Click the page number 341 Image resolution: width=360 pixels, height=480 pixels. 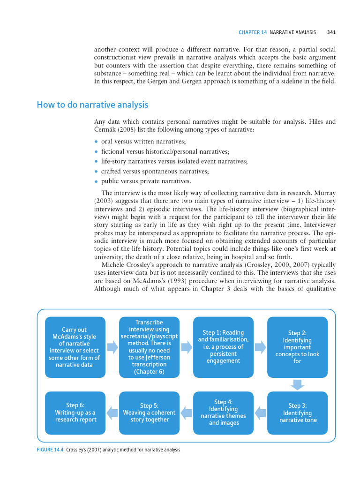point(331,32)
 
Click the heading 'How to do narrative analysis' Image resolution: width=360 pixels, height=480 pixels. point(92,105)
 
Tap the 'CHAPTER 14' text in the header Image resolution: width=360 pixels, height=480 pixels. point(253,32)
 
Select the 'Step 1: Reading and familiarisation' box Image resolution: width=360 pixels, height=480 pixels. point(223,347)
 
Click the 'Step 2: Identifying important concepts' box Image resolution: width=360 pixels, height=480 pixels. point(297,347)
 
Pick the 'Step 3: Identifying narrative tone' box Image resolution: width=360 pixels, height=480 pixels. point(297,413)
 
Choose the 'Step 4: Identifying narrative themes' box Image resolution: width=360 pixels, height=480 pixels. point(223,413)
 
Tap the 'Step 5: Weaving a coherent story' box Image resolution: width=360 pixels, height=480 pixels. point(149,413)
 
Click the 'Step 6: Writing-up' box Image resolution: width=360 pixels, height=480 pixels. point(75,413)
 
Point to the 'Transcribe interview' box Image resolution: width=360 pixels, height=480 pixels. point(149,347)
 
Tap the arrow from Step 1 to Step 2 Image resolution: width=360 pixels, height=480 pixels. point(260,347)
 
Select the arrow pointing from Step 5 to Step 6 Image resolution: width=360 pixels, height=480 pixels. point(112,413)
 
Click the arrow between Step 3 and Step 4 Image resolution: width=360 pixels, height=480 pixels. point(260,413)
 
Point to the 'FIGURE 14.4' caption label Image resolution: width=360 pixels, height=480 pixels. point(52,450)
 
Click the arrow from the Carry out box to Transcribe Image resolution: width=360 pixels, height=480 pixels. point(112,347)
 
